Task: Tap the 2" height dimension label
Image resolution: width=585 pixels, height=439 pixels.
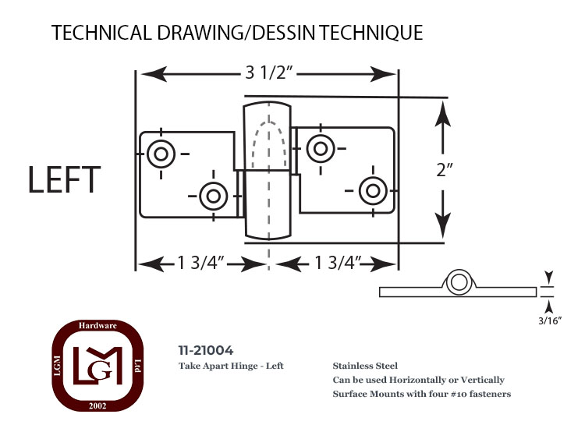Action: (444, 170)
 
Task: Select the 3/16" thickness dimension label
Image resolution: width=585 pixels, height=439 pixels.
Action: (550, 320)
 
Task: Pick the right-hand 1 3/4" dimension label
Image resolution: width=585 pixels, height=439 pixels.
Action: (338, 263)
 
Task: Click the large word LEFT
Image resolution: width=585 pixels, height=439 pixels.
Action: (64, 180)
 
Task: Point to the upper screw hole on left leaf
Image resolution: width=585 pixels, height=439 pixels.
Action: (161, 154)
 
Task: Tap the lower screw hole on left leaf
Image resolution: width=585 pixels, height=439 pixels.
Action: (214, 196)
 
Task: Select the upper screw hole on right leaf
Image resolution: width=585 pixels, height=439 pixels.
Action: (321, 148)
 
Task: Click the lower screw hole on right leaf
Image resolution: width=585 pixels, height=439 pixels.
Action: (373, 190)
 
